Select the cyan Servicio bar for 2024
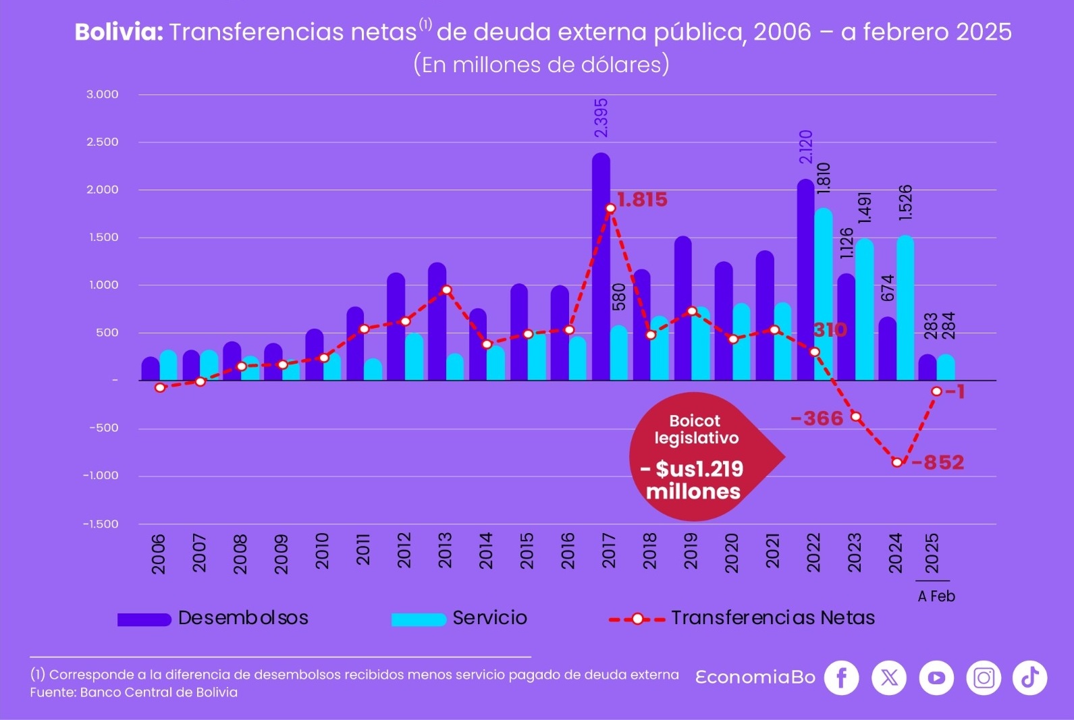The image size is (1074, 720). pyautogui.click(x=905, y=310)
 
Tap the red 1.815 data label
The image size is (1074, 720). pyautogui.click(x=642, y=200)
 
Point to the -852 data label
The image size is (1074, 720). pyautogui.click(x=938, y=463)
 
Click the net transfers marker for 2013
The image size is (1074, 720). pyautogui.click(x=446, y=290)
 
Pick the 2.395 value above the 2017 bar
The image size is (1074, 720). pyautogui.click(x=601, y=118)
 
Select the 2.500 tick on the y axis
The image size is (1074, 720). pyautogui.click(x=102, y=142)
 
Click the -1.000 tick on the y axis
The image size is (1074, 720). pyautogui.click(x=101, y=476)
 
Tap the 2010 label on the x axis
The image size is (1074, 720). pyautogui.click(x=322, y=551)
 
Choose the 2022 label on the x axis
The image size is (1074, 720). pyautogui.click(x=813, y=553)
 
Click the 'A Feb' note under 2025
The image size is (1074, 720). pyautogui.click(x=936, y=597)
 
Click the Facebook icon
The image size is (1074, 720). pyautogui.click(x=842, y=677)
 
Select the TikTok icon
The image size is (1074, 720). pyautogui.click(x=1029, y=677)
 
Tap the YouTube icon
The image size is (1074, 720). pyautogui.click(x=936, y=677)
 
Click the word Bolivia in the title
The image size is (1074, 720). pyautogui.click(x=119, y=32)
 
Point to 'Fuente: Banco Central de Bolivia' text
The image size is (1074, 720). pyautogui.click(x=134, y=693)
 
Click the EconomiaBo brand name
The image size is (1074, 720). pyautogui.click(x=755, y=677)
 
